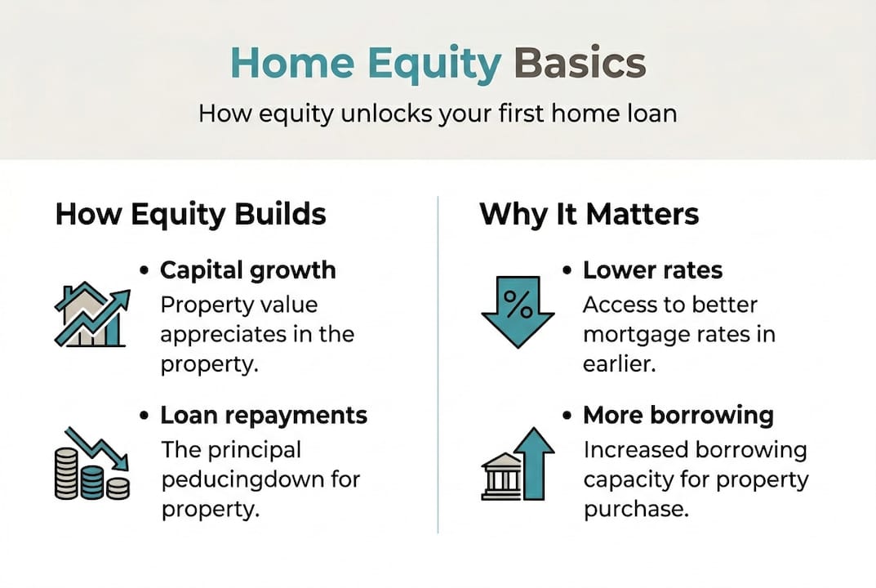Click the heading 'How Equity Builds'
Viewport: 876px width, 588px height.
[190, 215]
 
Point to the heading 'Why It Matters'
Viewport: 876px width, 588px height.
[589, 215]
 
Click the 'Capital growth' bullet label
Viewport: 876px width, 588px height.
[247, 270]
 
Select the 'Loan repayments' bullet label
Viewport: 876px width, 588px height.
[264, 415]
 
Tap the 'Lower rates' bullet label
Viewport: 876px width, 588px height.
[652, 270]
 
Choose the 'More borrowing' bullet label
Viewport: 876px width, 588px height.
[678, 415]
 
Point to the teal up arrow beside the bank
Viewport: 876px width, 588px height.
[536, 462]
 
